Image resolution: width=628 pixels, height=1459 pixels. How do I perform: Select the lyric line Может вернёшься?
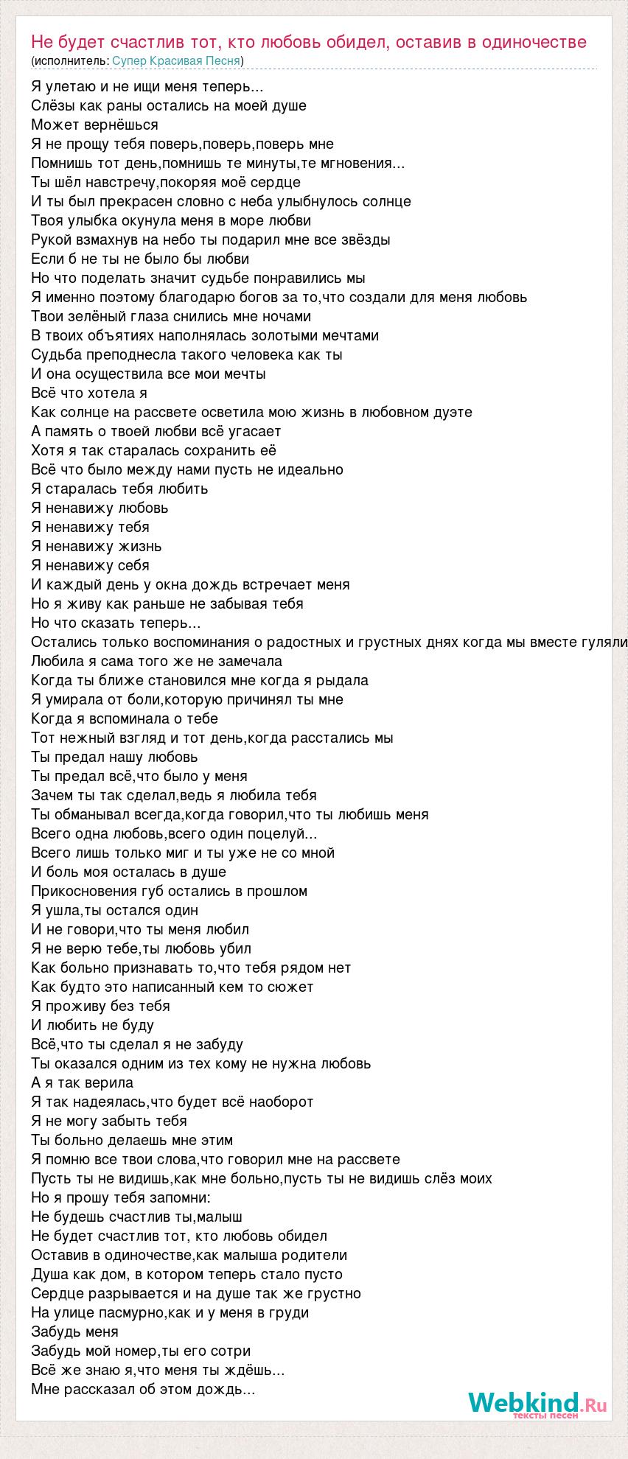pyautogui.click(x=94, y=125)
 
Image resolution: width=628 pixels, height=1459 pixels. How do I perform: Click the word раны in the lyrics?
pyautogui.click(x=114, y=105)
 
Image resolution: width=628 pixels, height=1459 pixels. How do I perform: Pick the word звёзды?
pyautogui.click(x=366, y=239)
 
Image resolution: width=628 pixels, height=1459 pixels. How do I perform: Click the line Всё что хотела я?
pyautogui.click(x=89, y=393)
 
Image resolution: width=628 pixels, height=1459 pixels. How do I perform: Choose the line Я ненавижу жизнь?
pyautogui.click(x=97, y=546)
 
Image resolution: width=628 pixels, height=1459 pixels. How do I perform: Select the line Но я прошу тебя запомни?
pyautogui.click(x=121, y=1197)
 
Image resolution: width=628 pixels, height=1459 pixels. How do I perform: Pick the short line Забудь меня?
pyautogui.click(x=74, y=1332)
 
